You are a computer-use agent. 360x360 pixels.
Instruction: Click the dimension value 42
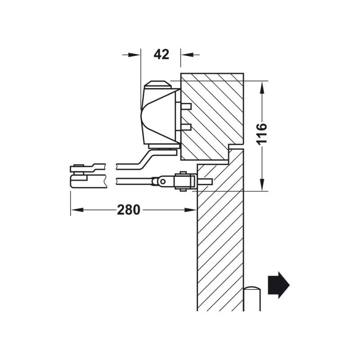161,54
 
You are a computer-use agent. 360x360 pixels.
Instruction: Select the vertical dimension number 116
262,133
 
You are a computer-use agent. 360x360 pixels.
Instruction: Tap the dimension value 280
129,210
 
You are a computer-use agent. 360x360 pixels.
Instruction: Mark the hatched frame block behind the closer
211,112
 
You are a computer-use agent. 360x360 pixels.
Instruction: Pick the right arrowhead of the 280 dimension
191,210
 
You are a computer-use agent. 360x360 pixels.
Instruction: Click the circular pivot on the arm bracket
163,181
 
